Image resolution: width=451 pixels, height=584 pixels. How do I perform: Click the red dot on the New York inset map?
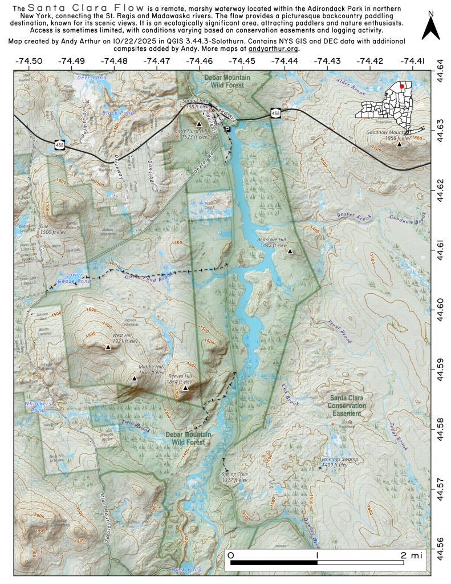click(x=401, y=86)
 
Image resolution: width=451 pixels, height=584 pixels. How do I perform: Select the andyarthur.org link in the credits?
click(x=273, y=49)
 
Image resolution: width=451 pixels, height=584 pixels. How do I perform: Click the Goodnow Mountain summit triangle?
click(x=400, y=145)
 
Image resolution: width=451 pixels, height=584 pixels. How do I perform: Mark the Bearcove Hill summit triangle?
click(x=290, y=251)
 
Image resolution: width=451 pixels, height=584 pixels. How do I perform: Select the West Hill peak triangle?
click(x=108, y=347)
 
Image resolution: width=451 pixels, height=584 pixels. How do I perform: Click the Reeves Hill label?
click(x=180, y=377)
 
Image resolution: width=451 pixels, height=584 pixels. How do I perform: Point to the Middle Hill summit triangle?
click(x=135, y=378)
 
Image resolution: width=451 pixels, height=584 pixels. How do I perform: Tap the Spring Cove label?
click(x=234, y=474)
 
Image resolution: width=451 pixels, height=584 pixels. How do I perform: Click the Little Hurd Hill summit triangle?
click(x=199, y=124)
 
